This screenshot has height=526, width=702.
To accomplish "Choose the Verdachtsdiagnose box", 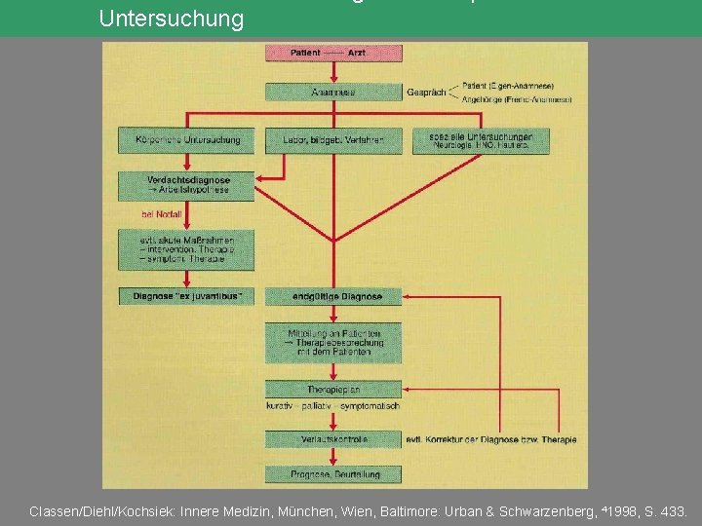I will tap(185, 185).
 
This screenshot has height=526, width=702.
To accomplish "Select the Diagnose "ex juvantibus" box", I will tap(185, 295).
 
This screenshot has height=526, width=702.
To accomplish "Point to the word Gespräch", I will tap(426, 93).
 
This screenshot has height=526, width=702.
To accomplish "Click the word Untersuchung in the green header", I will tap(172, 19).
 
